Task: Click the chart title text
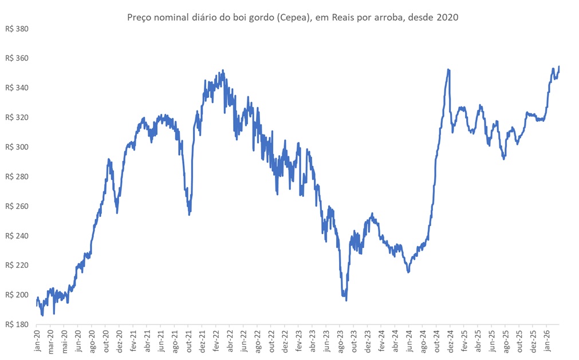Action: [292, 18]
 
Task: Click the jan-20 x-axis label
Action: [37, 341]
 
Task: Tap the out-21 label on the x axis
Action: [188, 341]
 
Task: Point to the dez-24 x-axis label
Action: [449, 341]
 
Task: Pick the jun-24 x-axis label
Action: [409, 341]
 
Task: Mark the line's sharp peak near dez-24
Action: [448, 70]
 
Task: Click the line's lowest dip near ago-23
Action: [346, 300]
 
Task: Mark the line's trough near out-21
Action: [190, 214]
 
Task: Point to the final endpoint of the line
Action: [559, 66]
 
